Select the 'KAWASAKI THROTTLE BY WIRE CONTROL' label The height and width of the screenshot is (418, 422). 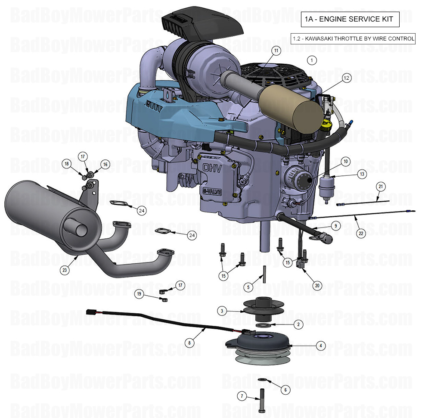click(x=353, y=39)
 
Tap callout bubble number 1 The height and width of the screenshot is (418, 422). click(x=312, y=60)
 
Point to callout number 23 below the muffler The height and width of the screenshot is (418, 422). click(x=65, y=270)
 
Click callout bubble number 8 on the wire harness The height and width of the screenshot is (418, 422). click(x=188, y=343)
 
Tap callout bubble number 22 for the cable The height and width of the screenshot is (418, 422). click(x=360, y=233)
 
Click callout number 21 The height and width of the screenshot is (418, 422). click(x=380, y=187)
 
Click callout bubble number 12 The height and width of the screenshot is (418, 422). click(x=346, y=78)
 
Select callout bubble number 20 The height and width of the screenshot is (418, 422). click(x=317, y=285)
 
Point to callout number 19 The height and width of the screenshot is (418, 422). click(x=139, y=294)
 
